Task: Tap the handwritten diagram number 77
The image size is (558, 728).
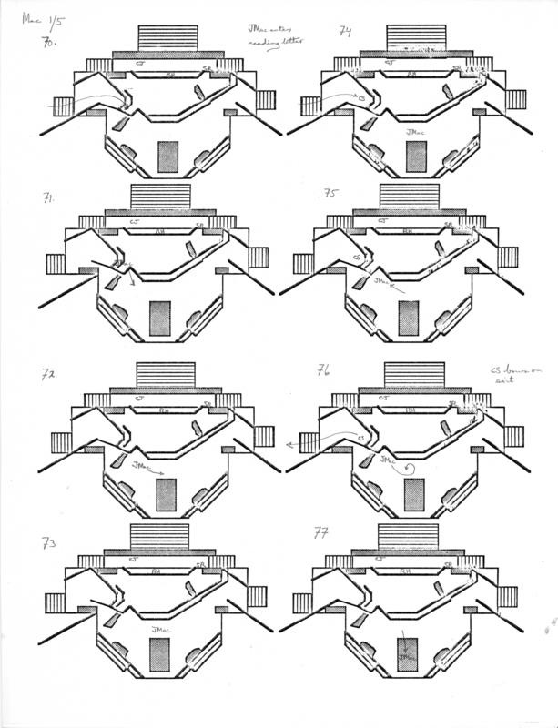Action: click(x=321, y=532)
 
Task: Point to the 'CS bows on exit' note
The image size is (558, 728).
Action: click(x=506, y=378)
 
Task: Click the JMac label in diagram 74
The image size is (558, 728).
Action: click(x=414, y=132)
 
